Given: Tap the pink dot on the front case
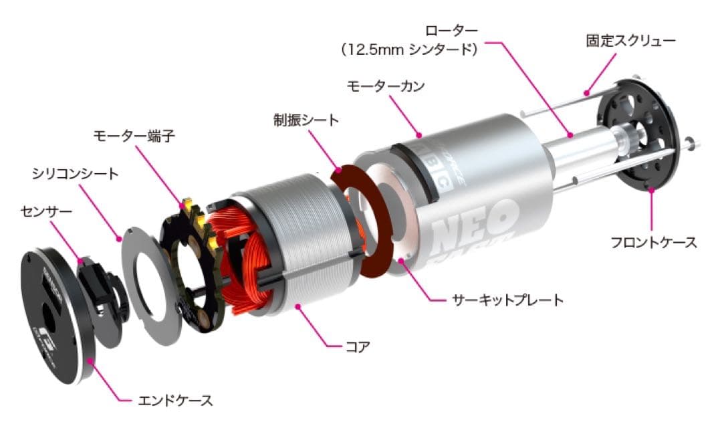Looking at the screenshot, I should [652, 190].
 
